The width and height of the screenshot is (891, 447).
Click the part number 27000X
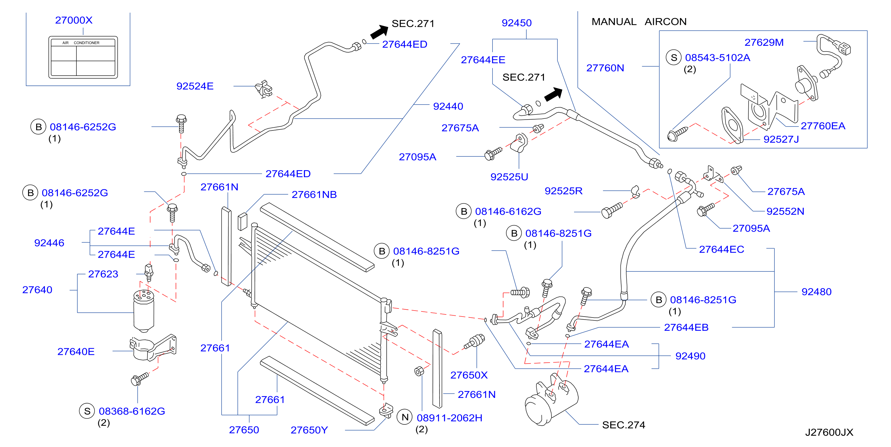point(74,20)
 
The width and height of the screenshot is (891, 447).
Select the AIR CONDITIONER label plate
point(83,57)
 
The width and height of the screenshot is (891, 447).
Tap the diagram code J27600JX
point(829,432)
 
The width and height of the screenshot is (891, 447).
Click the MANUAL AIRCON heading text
point(639,21)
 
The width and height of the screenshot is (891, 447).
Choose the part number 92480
point(816,292)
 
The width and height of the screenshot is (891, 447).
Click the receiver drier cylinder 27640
point(144,311)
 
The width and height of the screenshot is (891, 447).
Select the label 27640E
point(76,352)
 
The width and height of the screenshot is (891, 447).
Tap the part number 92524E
point(195,86)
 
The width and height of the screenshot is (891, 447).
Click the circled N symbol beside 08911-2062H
point(405,417)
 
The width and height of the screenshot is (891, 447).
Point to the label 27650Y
point(309,430)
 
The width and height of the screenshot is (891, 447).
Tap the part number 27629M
point(764,42)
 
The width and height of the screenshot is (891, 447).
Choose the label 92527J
point(781,139)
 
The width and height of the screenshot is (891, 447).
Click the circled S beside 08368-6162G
point(87,411)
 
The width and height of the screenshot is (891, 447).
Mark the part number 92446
point(49,243)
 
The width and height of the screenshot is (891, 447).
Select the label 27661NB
point(314,194)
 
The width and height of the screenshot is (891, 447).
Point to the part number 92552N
point(785,211)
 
